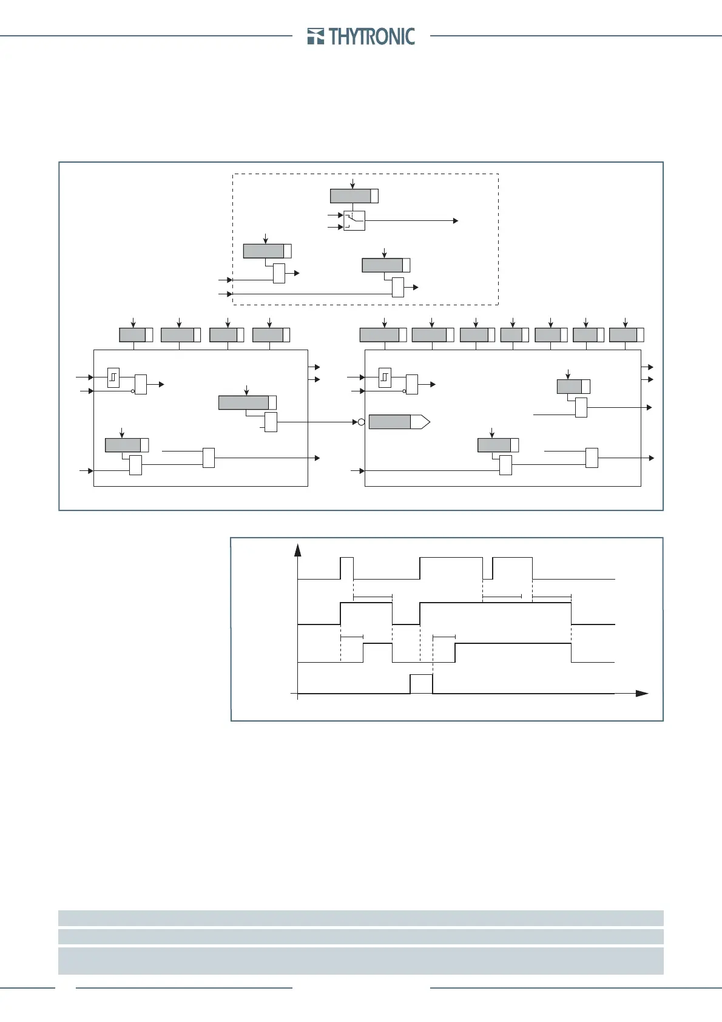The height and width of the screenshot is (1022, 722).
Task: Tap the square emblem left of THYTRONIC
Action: click(315, 36)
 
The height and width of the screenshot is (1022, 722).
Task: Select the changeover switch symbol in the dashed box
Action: click(354, 221)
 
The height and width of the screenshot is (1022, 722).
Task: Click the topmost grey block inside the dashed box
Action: click(351, 196)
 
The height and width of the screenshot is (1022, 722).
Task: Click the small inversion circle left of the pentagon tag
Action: click(361, 422)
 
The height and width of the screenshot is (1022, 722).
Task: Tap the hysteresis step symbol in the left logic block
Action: click(113, 377)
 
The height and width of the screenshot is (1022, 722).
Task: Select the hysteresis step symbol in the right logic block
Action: click(384, 377)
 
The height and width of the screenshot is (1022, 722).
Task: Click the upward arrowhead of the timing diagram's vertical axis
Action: click(298, 550)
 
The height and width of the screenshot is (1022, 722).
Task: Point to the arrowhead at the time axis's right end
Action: click(642, 693)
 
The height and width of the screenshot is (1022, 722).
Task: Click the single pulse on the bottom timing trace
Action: click(421, 683)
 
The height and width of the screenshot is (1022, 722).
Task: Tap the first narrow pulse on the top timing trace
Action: click(346, 568)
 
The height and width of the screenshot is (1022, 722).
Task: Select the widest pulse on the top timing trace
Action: click(451, 568)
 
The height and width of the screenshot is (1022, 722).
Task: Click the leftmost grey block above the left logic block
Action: click(132, 335)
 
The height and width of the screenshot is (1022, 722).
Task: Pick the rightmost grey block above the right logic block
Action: click(623, 335)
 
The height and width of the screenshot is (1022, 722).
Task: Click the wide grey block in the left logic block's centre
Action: click(243, 402)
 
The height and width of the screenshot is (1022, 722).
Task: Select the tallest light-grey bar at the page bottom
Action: click(360, 961)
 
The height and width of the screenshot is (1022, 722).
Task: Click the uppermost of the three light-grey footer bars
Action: click(360, 918)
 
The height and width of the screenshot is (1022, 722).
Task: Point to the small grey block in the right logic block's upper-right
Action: click(570, 387)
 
